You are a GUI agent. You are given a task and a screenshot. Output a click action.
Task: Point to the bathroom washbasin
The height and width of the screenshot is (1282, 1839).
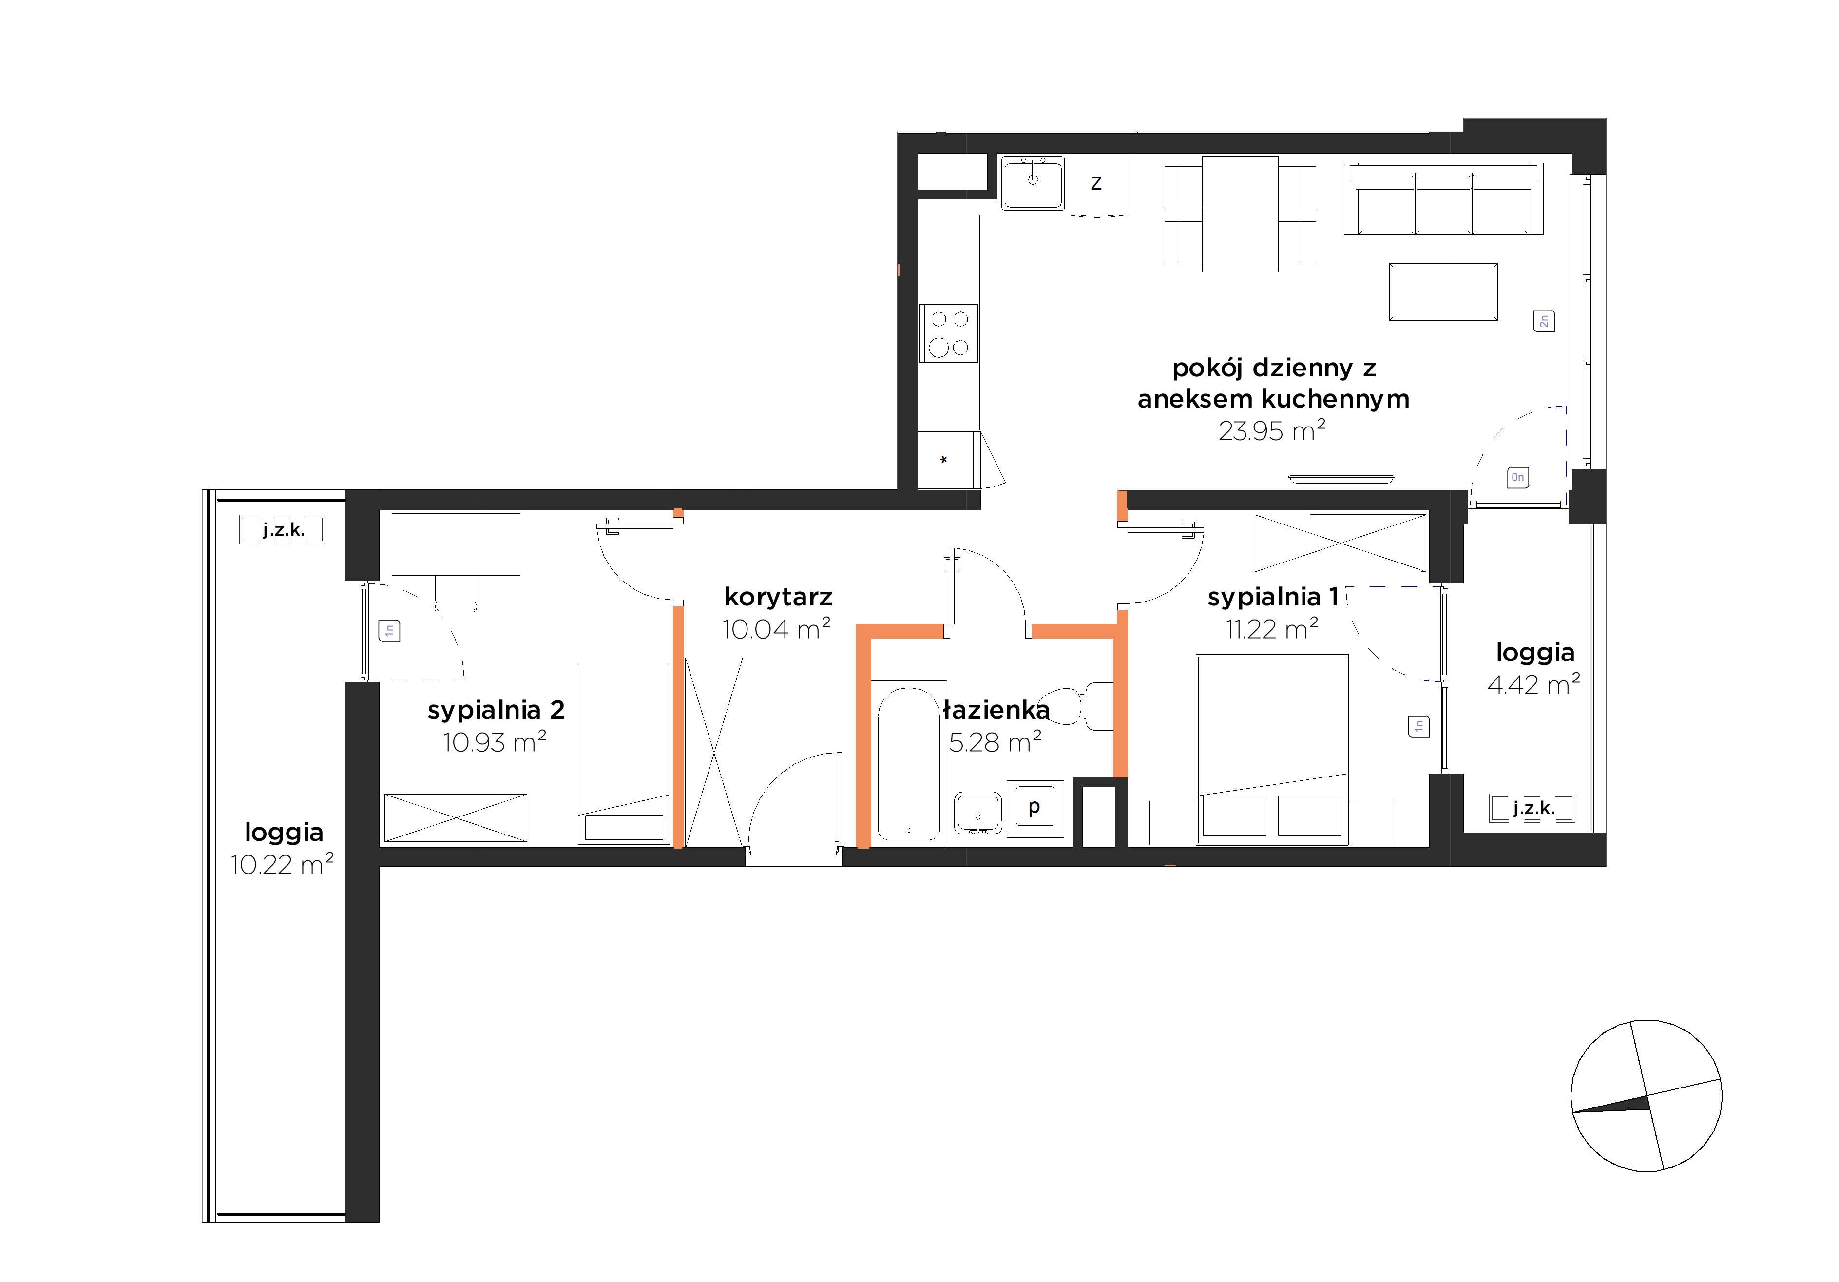[x=977, y=813]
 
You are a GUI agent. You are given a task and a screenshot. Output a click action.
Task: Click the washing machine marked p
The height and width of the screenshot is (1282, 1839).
[x=1035, y=808]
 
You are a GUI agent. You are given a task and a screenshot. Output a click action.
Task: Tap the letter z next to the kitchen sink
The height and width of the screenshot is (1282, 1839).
[x=1096, y=183]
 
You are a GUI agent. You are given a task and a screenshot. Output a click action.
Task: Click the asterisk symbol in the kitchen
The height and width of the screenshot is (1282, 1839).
[x=943, y=460]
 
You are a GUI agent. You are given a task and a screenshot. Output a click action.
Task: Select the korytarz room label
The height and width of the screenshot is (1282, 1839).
[x=778, y=598]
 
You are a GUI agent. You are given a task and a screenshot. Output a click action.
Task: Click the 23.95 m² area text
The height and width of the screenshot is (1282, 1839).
[x=1272, y=430]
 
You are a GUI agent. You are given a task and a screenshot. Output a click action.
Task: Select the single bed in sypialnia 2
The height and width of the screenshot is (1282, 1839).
[x=624, y=753]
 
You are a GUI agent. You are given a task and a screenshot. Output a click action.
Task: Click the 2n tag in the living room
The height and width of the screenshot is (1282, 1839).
[x=1543, y=321]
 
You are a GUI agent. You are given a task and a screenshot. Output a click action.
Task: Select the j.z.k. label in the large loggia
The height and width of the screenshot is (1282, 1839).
[x=284, y=530]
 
